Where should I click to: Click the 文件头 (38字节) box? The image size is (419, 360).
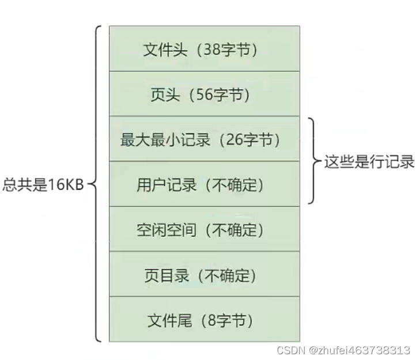(x=204, y=49)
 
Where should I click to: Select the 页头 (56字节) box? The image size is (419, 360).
(x=204, y=94)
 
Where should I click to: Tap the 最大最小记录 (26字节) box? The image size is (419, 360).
(x=204, y=139)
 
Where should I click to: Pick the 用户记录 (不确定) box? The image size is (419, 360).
(x=204, y=184)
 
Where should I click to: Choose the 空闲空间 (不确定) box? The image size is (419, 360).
(x=204, y=229)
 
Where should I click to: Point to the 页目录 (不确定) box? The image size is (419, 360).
(x=204, y=274)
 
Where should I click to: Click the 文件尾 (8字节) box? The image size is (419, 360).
(x=204, y=320)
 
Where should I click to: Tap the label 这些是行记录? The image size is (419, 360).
(x=369, y=161)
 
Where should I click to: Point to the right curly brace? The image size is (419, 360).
(x=314, y=161)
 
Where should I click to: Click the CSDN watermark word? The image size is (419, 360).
(x=290, y=350)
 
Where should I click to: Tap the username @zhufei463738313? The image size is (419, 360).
(x=360, y=350)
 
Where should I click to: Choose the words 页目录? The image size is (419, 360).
(x=167, y=275)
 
